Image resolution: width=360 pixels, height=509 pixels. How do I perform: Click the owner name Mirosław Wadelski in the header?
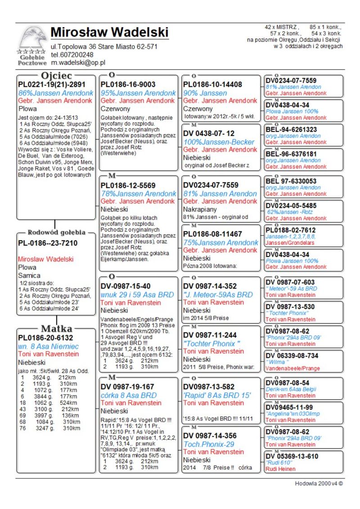point(109,32)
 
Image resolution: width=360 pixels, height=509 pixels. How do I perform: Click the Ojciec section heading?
point(57,75)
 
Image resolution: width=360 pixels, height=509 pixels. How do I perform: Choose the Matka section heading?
point(57,328)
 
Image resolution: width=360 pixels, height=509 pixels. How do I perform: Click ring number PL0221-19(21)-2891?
point(51,84)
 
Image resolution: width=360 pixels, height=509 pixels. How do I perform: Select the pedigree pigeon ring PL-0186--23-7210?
point(48,243)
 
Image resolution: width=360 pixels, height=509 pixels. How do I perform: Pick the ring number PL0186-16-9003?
point(128,84)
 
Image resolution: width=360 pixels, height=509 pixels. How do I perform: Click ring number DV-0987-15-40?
point(126,286)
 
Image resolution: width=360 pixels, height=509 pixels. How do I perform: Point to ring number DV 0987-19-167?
point(127,387)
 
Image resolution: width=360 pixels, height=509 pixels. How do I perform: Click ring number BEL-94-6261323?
point(291,130)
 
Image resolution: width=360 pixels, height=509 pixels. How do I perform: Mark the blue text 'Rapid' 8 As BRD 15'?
point(217,395)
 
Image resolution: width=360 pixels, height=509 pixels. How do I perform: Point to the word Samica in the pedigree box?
point(29,275)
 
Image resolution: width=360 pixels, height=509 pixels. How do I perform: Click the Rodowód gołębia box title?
point(57,233)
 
